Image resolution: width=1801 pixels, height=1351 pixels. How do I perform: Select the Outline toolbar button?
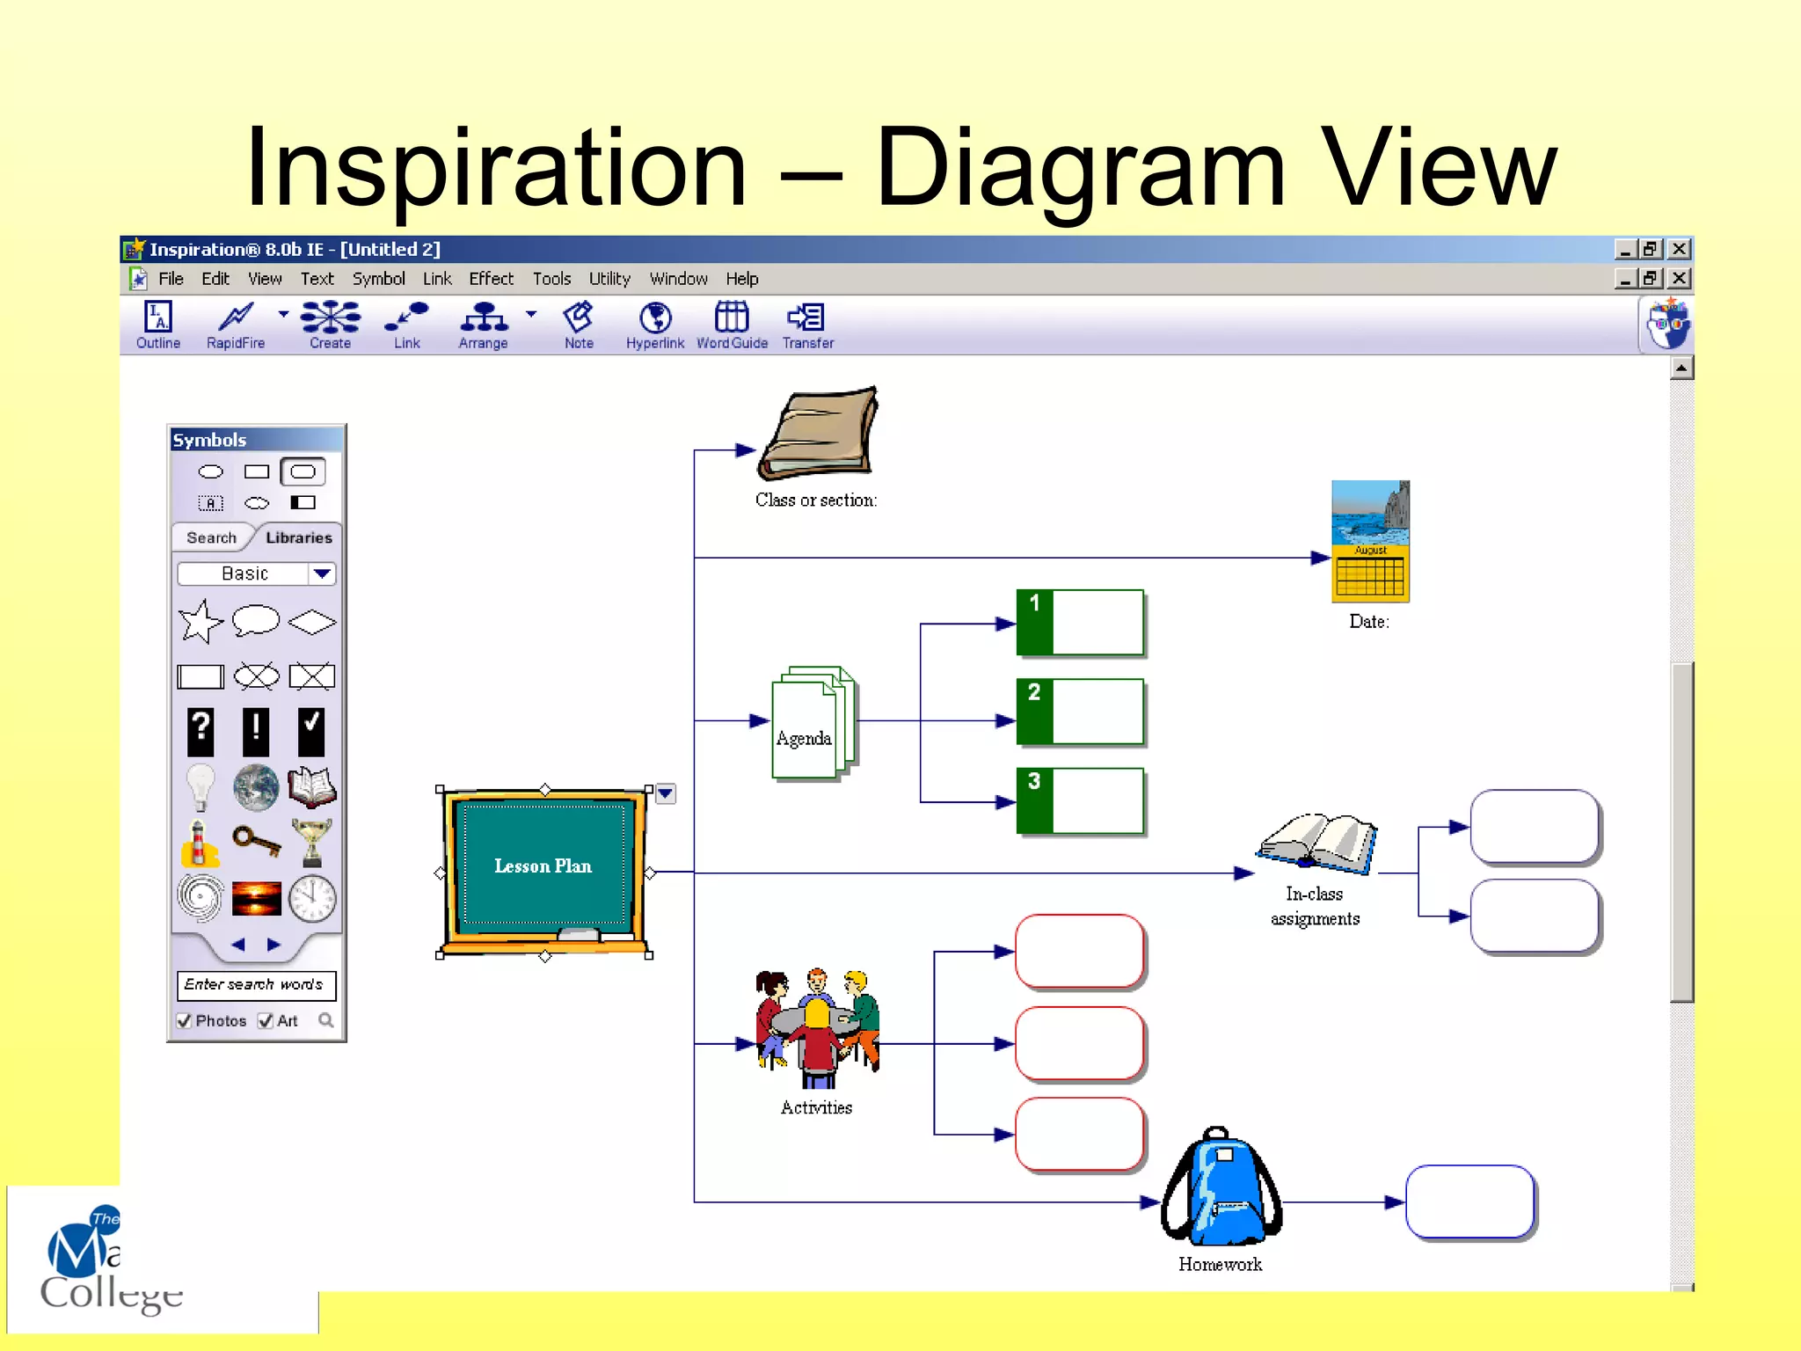[x=158, y=325]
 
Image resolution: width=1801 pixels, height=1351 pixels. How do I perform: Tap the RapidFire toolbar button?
[x=236, y=325]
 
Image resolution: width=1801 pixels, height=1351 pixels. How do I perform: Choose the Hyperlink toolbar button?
[x=655, y=325]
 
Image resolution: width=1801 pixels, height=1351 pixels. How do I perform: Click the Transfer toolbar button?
[x=807, y=325]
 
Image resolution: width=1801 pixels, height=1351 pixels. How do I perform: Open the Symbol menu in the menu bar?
[x=378, y=279]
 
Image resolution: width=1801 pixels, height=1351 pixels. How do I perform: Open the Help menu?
[x=741, y=279]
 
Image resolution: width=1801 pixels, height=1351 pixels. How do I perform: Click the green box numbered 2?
[x=1080, y=712]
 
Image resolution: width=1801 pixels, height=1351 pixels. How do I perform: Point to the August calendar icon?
[x=1370, y=541]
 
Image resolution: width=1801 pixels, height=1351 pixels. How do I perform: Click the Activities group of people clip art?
[x=817, y=1027]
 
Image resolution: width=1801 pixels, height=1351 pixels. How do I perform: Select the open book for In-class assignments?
[x=1316, y=843]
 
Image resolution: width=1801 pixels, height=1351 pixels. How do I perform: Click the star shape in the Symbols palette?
[x=201, y=622]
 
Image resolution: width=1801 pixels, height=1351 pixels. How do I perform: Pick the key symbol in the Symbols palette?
[x=256, y=842]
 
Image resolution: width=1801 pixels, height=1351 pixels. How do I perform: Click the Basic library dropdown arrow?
[x=322, y=573]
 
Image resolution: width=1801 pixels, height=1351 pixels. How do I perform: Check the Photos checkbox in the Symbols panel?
[x=185, y=1020]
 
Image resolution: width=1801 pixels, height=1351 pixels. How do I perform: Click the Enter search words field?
[x=256, y=984]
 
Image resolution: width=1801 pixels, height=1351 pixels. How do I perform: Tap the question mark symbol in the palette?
[x=201, y=731]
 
